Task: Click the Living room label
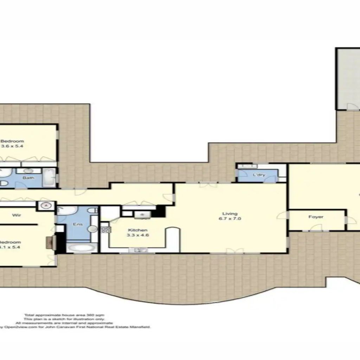(x=230, y=213)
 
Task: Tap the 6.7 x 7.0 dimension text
(x=230, y=219)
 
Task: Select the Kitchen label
(x=137, y=230)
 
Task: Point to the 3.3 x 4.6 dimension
(x=137, y=236)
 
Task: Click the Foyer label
(x=316, y=217)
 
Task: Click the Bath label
(x=28, y=178)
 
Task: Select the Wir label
(x=16, y=215)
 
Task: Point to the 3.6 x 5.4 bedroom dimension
(x=12, y=146)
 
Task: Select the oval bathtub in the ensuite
(x=81, y=247)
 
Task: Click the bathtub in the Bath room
(x=49, y=177)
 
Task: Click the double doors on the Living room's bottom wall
(x=234, y=251)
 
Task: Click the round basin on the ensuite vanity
(x=92, y=229)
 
